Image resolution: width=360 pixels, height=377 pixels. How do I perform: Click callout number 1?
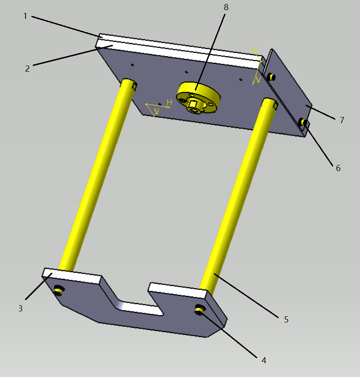coord(25,16)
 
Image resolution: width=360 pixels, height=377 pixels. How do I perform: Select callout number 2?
coord(28,69)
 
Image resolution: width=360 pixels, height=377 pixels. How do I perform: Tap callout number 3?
coord(20,308)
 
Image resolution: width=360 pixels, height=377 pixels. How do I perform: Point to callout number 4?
coord(264,360)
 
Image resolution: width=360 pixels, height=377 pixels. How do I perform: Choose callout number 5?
coord(286,319)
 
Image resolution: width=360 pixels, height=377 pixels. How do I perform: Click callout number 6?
coord(338,168)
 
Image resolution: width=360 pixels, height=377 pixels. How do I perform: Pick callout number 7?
coord(342,120)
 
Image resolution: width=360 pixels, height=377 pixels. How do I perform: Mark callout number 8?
coord(226,7)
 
